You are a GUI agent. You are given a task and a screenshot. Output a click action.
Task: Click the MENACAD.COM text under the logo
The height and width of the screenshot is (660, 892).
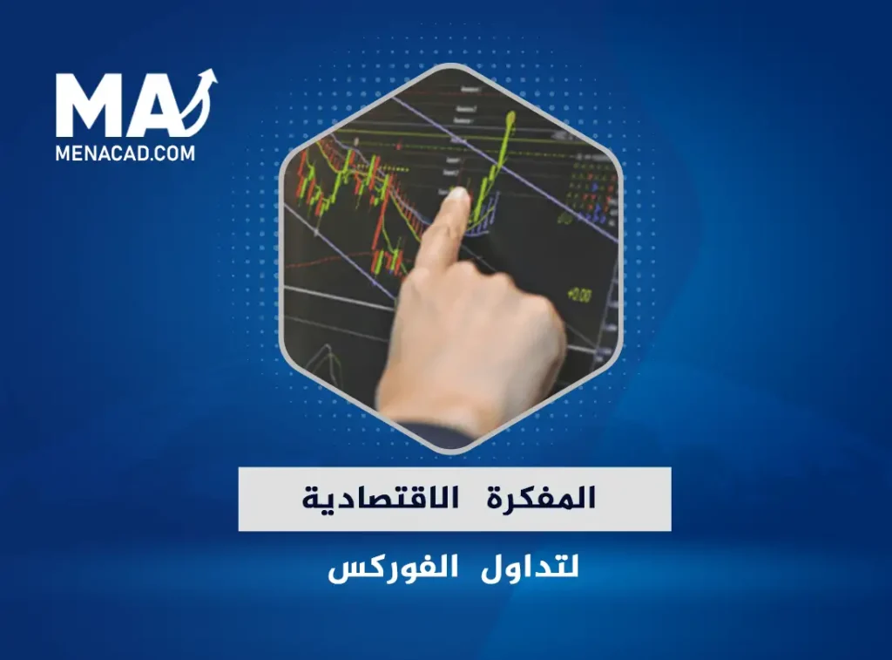[125, 153]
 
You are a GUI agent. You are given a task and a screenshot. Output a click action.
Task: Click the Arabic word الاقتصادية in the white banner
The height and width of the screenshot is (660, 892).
[374, 499]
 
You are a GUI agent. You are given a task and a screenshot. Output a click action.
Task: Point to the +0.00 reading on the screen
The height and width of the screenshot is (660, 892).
[578, 296]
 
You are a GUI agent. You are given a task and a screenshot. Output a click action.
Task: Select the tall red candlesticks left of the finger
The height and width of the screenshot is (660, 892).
[383, 248]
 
